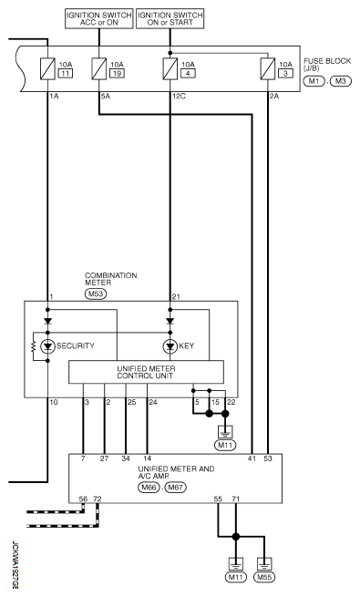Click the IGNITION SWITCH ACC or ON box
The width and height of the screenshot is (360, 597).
click(x=99, y=18)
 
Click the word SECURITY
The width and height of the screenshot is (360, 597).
click(x=76, y=346)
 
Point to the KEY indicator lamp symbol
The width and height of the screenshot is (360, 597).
click(x=170, y=346)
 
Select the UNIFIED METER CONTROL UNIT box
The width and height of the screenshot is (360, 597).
click(x=147, y=372)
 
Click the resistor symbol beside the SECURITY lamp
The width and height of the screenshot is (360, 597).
click(x=34, y=346)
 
